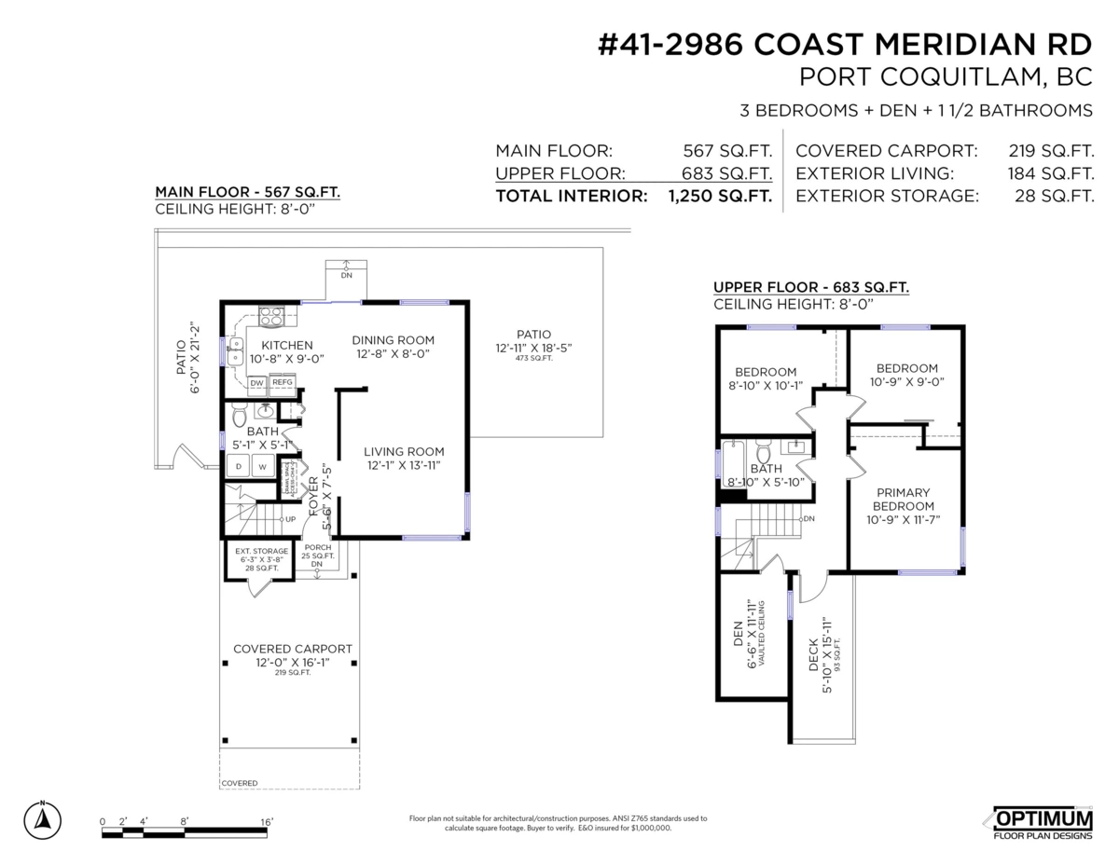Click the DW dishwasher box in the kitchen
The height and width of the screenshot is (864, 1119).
tap(256, 382)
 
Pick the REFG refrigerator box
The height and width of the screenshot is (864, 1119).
tap(282, 382)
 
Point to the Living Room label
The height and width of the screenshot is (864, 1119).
tap(403, 452)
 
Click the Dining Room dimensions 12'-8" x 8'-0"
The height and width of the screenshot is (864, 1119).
tap(393, 354)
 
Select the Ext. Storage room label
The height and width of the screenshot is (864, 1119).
tap(261, 551)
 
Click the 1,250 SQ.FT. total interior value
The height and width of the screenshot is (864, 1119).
tap(719, 197)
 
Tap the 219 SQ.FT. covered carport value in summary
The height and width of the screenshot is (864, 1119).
tap(1051, 151)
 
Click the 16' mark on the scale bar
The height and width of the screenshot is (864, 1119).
tap(267, 822)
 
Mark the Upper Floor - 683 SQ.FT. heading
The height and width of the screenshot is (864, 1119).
tap(810, 287)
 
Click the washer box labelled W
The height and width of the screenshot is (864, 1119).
tap(262, 466)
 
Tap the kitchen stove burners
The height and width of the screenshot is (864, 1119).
tap(270, 317)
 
